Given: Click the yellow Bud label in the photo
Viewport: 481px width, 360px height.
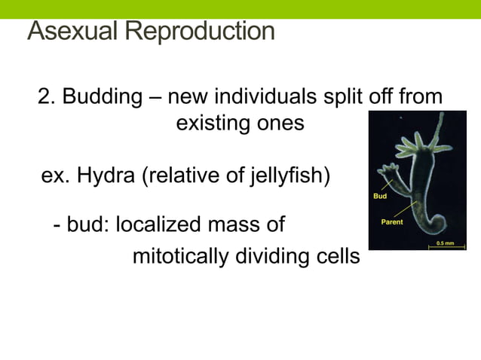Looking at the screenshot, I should [x=380, y=196].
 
